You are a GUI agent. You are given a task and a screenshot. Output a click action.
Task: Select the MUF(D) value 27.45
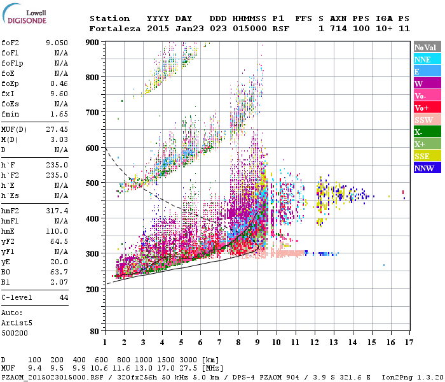[x=57, y=129]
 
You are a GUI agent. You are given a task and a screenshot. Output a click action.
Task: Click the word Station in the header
[x=109, y=18]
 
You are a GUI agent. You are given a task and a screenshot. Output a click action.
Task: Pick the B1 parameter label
[x=6, y=281]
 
